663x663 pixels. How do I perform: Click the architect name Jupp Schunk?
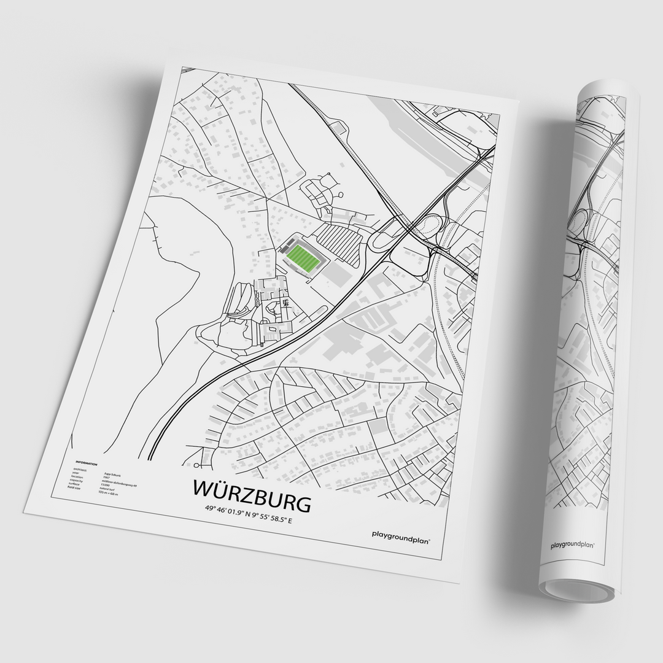(113, 467)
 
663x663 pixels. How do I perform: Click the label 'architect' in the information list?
(79, 468)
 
